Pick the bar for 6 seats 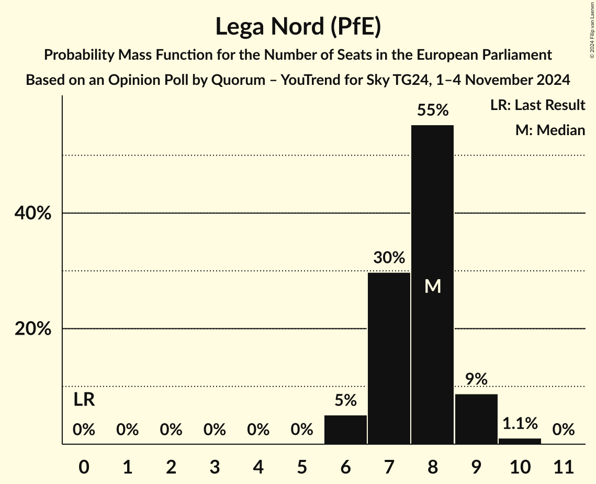(345, 430)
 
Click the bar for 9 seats (476, 419)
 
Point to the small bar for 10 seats (520, 441)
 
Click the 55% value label (432, 110)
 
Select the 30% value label (389, 258)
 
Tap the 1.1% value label (520, 423)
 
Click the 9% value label (476, 379)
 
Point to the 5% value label (345, 401)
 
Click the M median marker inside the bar (432, 287)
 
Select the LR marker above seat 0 (84, 400)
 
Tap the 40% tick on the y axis (32, 214)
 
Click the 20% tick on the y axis (32, 329)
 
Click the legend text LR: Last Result (537, 105)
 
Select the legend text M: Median (550, 130)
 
